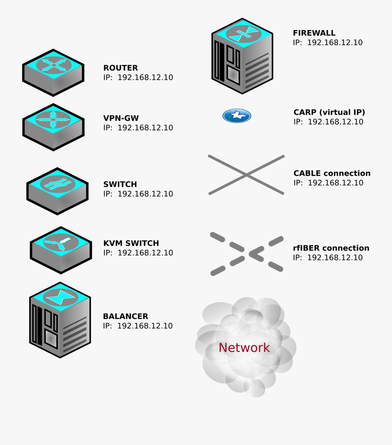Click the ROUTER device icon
[53, 73]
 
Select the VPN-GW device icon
[53, 127]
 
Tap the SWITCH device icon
[57, 191]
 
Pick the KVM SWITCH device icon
[61, 250]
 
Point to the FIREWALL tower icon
[242, 57]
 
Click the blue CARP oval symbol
[237, 116]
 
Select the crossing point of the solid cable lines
[247, 175]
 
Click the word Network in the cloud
[244, 348]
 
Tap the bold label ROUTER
[120, 68]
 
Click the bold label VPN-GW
[121, 118]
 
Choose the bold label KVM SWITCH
[131, 243]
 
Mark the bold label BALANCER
[125, 316]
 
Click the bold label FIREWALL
[314, 33]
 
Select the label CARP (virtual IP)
[329, 112]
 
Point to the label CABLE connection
[332, 173]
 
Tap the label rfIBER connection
[331, 248]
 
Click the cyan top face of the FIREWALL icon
[243, 33]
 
